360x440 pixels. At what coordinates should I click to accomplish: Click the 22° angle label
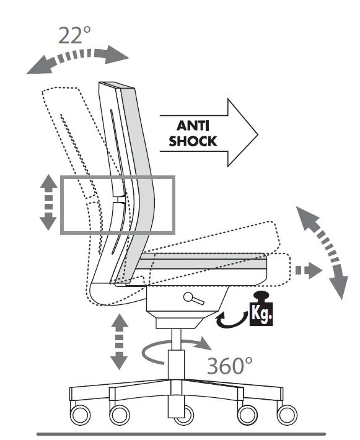click(74, 35)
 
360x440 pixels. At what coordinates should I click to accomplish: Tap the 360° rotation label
click(229, 366)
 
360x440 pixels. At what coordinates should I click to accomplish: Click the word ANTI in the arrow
click(193, 126)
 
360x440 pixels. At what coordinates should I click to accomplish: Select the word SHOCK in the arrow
click(193, 141)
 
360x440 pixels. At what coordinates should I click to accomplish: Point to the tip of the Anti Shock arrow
click(258, 135)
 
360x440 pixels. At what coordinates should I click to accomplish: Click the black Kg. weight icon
click(261, 309)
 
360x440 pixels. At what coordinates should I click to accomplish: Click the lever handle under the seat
click(193, 299)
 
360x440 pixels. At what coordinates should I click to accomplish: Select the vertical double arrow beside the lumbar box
click(48, 202)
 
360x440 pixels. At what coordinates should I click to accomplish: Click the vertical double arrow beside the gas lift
click(119, 341)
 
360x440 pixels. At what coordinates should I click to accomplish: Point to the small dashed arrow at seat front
click(309, 271)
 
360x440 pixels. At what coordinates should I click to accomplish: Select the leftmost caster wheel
click(81, 415)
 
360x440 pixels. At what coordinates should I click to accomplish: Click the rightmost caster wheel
click(287, 415)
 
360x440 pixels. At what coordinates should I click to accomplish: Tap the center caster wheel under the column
click(184, 416)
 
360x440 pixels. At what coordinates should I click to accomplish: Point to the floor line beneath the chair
click(182, 434)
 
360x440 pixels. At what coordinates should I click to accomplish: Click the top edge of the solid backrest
click(116, 85)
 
